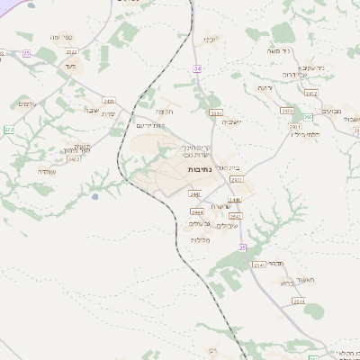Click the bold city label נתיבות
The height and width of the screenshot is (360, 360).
199,169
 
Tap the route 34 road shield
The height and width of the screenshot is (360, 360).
197,68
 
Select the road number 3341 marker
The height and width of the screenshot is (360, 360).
215,113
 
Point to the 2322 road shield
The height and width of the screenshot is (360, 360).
72,52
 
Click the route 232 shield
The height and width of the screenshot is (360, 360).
8,130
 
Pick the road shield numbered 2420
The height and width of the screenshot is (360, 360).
109,101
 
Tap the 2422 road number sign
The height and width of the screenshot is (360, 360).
74,159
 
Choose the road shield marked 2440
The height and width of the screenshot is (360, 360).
193,193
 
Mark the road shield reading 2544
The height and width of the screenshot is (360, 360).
298,302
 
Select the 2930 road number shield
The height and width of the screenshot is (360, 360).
287,110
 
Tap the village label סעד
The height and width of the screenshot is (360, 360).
69,66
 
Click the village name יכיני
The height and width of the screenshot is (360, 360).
210,40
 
